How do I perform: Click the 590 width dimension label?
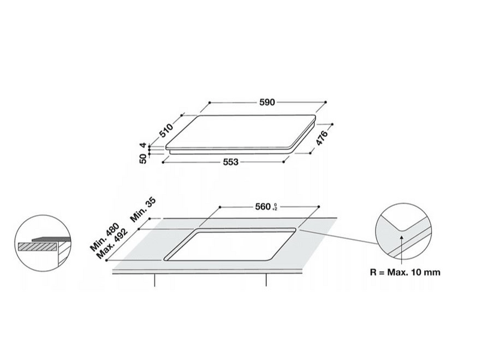[x=268, y=103]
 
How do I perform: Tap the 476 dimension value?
[x=321, y=140]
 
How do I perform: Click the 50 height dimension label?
[x=143, y=159]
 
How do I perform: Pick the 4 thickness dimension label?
[x=143, y=146]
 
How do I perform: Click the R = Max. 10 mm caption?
[x=406, y=272]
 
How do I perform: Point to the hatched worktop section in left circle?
[x=37, y=247]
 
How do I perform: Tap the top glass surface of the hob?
[x=246, y=132]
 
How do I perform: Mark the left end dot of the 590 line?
[x=209, y=103]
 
